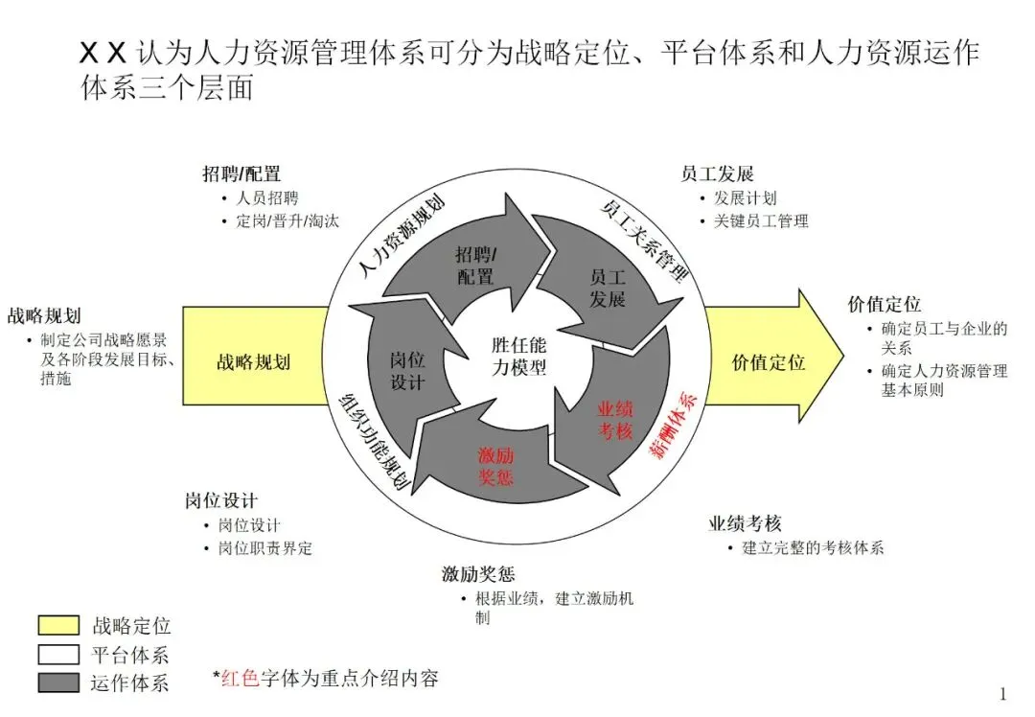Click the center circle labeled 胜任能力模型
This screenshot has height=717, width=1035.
pyautogui.click(x=518, y=356)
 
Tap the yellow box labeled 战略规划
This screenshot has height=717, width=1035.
pyautogui.click(x=253, y=362)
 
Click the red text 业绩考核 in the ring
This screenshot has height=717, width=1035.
pyautogui.click(x=615, y=420)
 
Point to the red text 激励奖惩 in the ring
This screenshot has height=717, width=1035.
pyautogui.click(x=495, y=465)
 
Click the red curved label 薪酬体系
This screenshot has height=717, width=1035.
pyautogui.click(x=677, y=425)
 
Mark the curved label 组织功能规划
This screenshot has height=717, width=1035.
pyautogui.click(x=375, y=442)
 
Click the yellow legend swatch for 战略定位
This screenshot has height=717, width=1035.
pyautogui.click(x=58, y=625)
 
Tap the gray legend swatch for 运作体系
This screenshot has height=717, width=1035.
pyautogui.click(x=58, y=682)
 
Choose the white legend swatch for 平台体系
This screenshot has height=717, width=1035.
pyautogui.click(x=58, y=654)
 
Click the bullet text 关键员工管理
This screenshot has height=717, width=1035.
pyautogui.click(x=760, y=220)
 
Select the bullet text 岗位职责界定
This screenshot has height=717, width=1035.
pyautogui.click(x=264, y=548)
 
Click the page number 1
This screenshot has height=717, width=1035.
pyautogui.click(x=1002, y=694)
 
